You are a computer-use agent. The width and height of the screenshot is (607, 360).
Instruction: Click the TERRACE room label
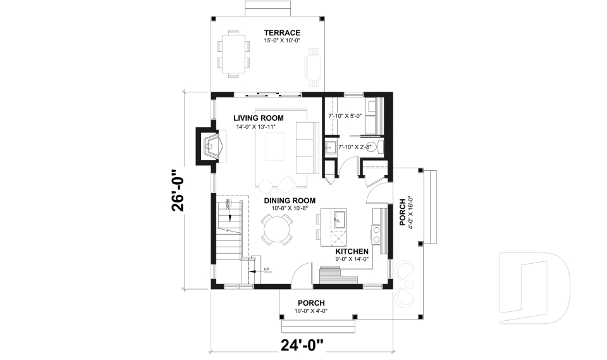281,33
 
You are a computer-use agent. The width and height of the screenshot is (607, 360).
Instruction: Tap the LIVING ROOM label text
258,118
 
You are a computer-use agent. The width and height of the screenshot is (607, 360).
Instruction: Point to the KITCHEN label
352,251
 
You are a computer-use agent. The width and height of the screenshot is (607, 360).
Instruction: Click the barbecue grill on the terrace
314,67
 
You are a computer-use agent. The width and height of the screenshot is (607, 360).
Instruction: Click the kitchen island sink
339,219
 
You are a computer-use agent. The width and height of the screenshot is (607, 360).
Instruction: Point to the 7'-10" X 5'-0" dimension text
345,116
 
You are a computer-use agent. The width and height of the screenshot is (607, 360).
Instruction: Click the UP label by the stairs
266,270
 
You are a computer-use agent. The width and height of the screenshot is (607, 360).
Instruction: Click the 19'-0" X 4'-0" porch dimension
310,310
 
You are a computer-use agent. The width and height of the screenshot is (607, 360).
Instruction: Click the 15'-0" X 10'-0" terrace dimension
281,40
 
